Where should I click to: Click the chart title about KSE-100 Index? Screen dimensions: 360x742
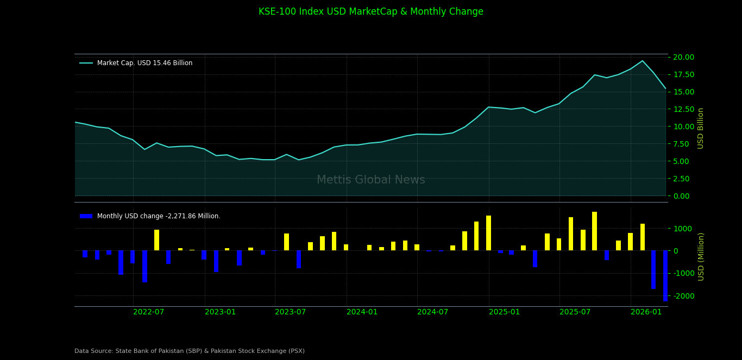pos(370,12)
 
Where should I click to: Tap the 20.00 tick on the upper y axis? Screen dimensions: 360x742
pos(684,57)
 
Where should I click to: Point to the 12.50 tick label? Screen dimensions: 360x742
pos(684,109)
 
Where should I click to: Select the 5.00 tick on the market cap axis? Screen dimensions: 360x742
pos(684,161)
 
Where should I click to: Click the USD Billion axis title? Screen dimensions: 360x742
pos(701,128)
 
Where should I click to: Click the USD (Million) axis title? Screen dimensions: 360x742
pos(701,256)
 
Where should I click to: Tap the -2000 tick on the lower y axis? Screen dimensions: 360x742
pos(686,296)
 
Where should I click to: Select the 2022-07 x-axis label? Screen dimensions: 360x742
pos(148,312)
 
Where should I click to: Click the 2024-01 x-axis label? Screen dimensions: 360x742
pos(362,312)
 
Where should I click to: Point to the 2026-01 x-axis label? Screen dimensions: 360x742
pos(646,312)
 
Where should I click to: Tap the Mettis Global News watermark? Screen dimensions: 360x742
pos(370,180)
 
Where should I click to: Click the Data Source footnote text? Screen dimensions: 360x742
pos(190,351)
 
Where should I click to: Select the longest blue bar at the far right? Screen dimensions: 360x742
pos(665,276)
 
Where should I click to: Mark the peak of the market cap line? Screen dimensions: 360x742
pos(642,61)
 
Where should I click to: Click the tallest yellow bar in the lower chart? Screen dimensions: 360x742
pos(594,231)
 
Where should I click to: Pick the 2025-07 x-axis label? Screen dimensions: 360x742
pos(575,312)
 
